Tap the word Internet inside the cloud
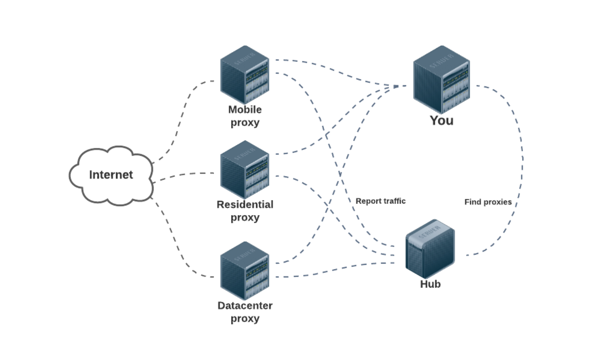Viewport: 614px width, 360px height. coord(111,175)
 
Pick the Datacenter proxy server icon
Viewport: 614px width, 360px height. coord(245,271)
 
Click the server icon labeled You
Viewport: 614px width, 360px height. coord(441,79)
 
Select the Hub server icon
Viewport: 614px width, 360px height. coord(430,249)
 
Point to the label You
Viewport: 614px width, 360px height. coord(441,121)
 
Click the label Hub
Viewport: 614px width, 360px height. coord(430,284)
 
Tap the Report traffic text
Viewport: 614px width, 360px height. coord(380,201)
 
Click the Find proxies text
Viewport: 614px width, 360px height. coord(488,202)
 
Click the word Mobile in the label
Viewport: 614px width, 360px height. coord(245,109)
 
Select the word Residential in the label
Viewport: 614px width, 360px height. coord(245,204)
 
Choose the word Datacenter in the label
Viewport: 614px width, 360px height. coord(245,305)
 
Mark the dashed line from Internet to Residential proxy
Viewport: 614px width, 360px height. coord(181,175)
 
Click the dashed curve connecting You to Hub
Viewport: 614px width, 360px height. coord(522,162)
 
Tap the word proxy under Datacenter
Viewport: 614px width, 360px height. coord(245,319)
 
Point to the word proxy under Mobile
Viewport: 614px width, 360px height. coord(245,123)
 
